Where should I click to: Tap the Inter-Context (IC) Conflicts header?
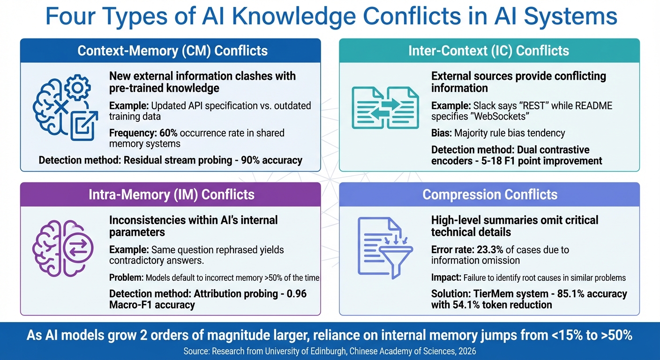click(488, 51)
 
